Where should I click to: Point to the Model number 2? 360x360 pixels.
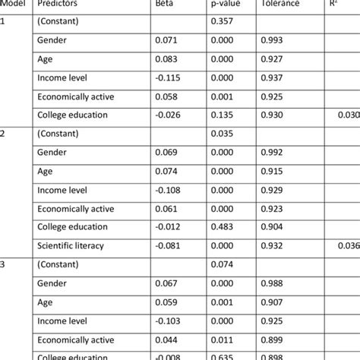[5, 133]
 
